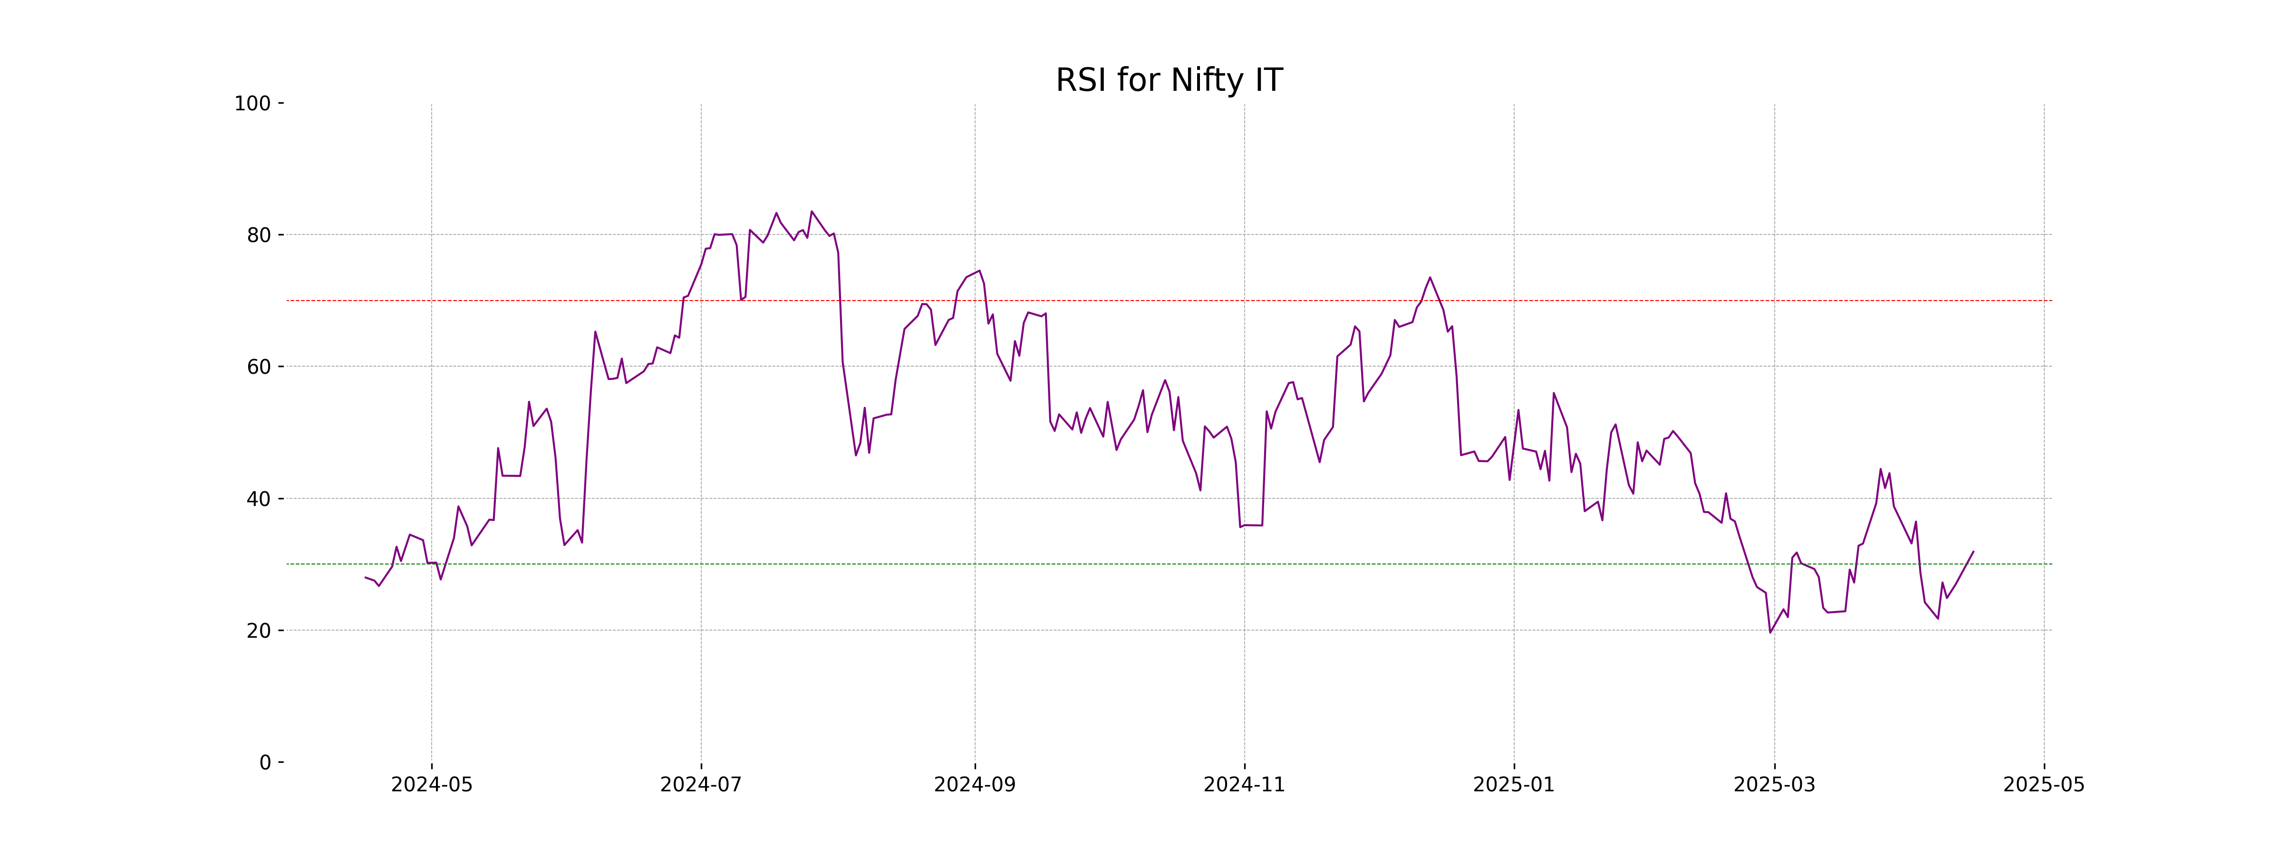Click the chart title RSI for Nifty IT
[1169, 81]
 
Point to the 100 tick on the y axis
[252, 104]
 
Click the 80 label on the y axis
[259, 236]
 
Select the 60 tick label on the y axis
[259, 367]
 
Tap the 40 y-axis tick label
[259, 499]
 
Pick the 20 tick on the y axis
[259, 631]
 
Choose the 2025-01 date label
[1513, 785]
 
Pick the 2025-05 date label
[2044, 785]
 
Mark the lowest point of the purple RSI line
[1770, 632]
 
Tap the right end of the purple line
[1973, 551]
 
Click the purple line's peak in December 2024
[1429, 277]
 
